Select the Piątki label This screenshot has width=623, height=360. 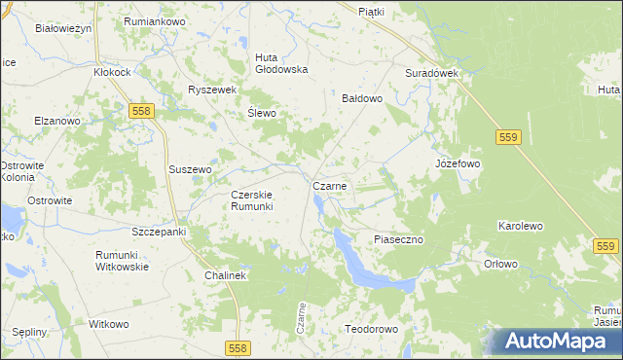click(x=372, y=12)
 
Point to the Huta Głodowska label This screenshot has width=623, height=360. click(x=281, y=62)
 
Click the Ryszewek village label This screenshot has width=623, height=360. click(x=213, y=90)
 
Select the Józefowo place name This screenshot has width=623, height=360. click(x=458, y=164)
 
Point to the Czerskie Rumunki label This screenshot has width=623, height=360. click(x=252, y=199)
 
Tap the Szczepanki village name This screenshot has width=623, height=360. click(x=159, y=233)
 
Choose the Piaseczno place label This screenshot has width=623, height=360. click(x=399, y=239)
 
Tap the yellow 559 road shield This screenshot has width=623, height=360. click(x=506, y=138)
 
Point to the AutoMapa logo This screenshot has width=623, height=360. click(x=559, y=342)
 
